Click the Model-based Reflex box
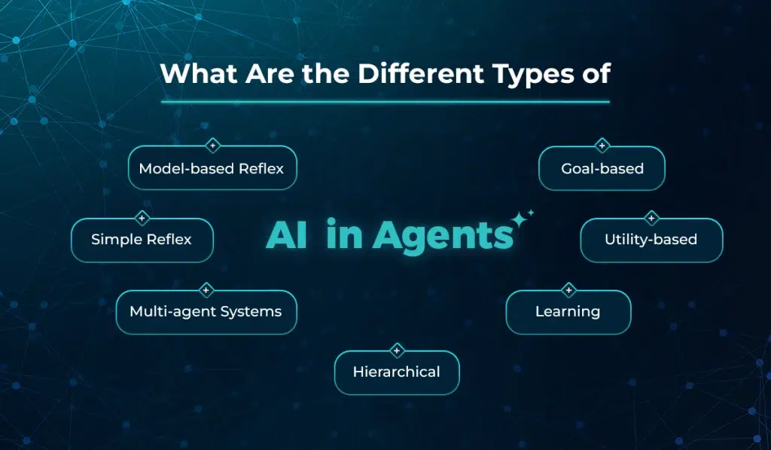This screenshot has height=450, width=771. tap(212, 168)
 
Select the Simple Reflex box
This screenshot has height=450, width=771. tap(142, 240)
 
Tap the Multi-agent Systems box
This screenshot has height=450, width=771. tap(206, 311)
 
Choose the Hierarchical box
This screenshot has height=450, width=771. tap(396, 372)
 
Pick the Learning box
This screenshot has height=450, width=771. tap(568, 311)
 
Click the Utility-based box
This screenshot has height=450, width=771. tap(651, 240)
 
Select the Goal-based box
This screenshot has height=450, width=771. tap(602, 168)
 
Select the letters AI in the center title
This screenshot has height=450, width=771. tap(286, 235)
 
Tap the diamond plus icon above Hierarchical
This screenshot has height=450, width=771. tap(397, 351)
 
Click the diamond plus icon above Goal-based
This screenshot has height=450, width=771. tap(602, 145)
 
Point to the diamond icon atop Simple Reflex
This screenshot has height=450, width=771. tap(142, 219)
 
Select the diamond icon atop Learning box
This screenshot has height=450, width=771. tap(568, 290)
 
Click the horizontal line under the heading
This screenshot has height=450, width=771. tap(385, 101)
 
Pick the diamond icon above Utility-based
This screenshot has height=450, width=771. tap(651, 219)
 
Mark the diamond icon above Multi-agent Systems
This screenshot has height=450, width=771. tap(206, 290)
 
